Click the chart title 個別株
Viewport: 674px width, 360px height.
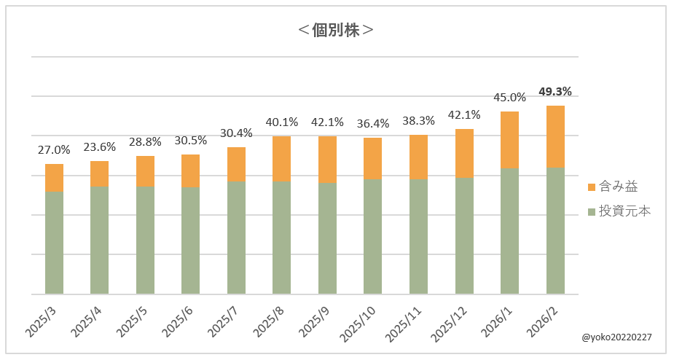[x=337, y=31]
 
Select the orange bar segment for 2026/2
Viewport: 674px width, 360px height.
[x=555, y=136]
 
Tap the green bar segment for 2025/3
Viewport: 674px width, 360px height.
[x=54, y=243]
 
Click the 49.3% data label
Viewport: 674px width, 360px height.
[x=555, y=92]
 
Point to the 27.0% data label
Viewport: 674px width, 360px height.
[x=54, y=150]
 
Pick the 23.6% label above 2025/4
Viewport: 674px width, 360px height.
[x=99, y=146]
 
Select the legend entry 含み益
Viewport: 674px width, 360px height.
[x=616, y=187]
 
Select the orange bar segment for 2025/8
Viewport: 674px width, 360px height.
[x=281, y=159]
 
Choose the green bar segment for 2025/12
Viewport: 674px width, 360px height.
[x=464, y=235]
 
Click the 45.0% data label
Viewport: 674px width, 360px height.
[x=510, y=98]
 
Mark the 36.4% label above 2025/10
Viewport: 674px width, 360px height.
[x=373, y=124]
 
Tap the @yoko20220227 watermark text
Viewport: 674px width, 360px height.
[x=616, y=337]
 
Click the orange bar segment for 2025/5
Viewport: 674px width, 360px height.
[x=145, y=171]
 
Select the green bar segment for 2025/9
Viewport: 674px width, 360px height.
[x=327, y=238]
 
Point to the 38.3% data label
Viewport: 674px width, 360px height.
[x=418, y=121]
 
